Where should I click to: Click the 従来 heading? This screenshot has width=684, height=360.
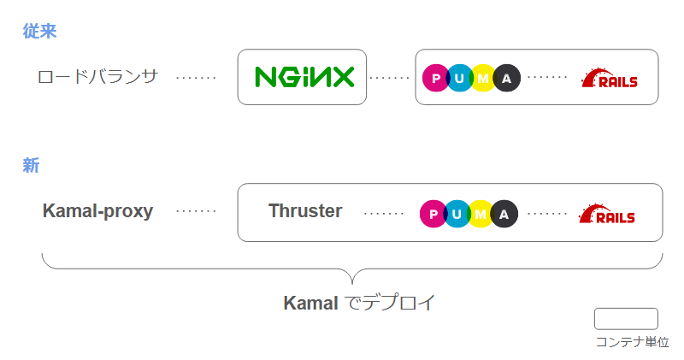pyautogui.click(x=39, y=32)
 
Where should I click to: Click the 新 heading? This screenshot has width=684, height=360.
pyautogui.click(x=31, y=166)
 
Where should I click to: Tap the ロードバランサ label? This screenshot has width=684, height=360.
pyautogui.click(x=98, y=77)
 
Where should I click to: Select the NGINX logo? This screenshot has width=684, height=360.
pyautogui.click(x=304, y=77)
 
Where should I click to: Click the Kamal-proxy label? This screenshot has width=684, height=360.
pyautogui.click(x=97, y=211)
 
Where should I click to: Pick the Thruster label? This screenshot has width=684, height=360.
pyautogui.click(x=305, y=211)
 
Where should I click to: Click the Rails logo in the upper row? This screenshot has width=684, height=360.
pyautogui.click(x=610, y=79)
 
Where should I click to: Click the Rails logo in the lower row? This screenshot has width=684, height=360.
pyautogui.click(x=607, y=214)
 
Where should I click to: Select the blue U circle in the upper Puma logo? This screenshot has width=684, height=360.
pyautogui.click(x=460, y=79)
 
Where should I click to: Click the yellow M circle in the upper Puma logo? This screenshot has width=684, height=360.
pyautogui.click(x=483, y=79)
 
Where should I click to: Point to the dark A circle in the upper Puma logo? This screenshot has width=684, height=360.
pyautogui.click(x=507, y=79)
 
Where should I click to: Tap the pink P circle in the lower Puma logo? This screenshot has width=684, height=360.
pyautogui.click(x=433, y=214)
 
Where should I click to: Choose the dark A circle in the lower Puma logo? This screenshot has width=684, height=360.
pyautogui.click(x=504, y=214)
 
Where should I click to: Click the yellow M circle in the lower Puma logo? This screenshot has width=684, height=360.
pyautogui.click(x=481, y=214)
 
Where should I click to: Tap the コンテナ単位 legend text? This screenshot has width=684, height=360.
pyautogui.click(x=632, y=342)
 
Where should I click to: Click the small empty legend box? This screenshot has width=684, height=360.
pyautogui.click(x=626, y=319)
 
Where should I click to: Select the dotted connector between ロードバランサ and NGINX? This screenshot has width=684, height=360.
pyautogui.click(x=196, y=78)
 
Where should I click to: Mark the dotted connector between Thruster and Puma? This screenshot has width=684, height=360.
pyautogui.click(x=384, y=213)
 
